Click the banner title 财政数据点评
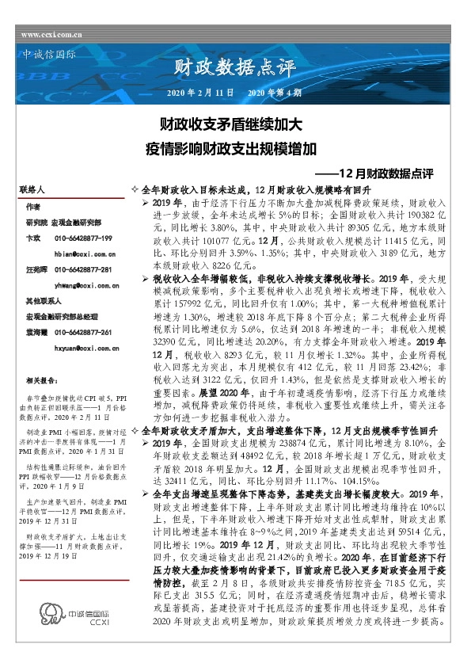[x=222, y=69]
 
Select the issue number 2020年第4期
[x=275, y=93]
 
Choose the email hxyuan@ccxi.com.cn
[x=86, y=347]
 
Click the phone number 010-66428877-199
[x=84, y=238]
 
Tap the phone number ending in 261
[x=84, y=332]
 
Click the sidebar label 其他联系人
[x=43, y=302]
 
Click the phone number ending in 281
[x=84, y=269]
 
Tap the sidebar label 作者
[x=32, y=206]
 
